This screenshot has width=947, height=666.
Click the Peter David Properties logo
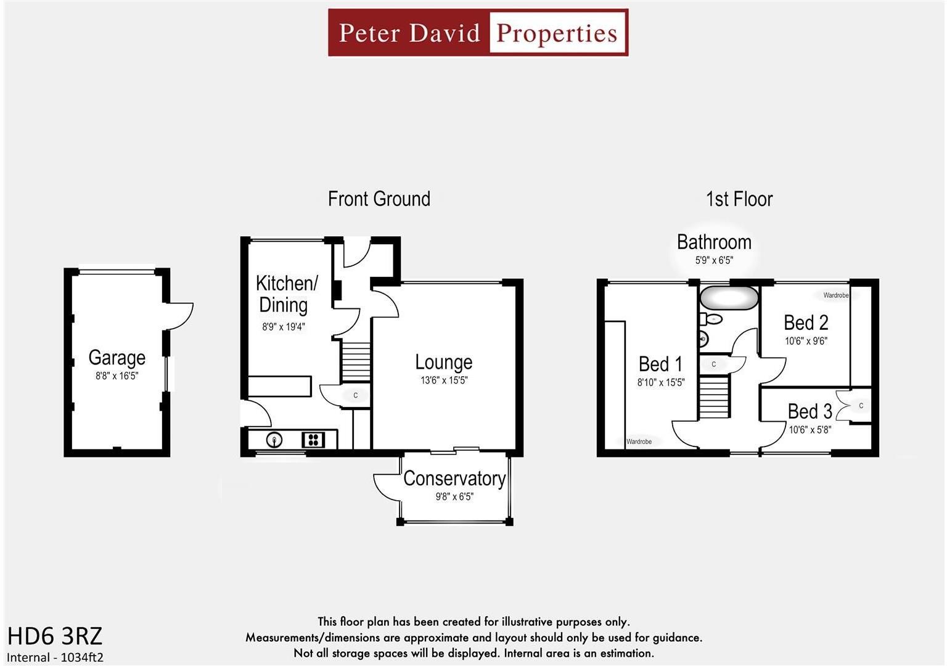tap(478, 33)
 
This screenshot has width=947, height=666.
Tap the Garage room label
tap(117, 358)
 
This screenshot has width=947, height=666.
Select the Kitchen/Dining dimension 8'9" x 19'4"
tap(284, 327)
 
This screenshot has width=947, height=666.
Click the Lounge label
tap(443, 362)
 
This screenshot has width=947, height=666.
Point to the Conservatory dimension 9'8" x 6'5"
tap(454, 496)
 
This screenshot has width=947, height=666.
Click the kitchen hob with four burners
tap(313, 440)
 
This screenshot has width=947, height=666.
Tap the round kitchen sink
tap(274, 440)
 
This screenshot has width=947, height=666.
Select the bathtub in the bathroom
tap(729, 298)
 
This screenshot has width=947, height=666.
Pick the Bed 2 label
tap(806, 323)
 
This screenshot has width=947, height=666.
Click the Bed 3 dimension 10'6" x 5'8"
tap(810, 429)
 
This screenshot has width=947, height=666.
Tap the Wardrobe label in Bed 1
tap(639, 442)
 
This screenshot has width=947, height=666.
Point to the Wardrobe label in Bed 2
tap(835, 295)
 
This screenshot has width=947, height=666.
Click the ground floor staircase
tap(356, 362)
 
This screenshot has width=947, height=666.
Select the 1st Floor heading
tap(739, 199)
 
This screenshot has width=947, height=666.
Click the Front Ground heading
tap(379, 199)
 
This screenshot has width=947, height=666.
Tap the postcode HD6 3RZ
tap(55, 635)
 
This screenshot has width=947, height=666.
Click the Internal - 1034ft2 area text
tap(55, 657)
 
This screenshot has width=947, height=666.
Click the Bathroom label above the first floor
tap(714, 242)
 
